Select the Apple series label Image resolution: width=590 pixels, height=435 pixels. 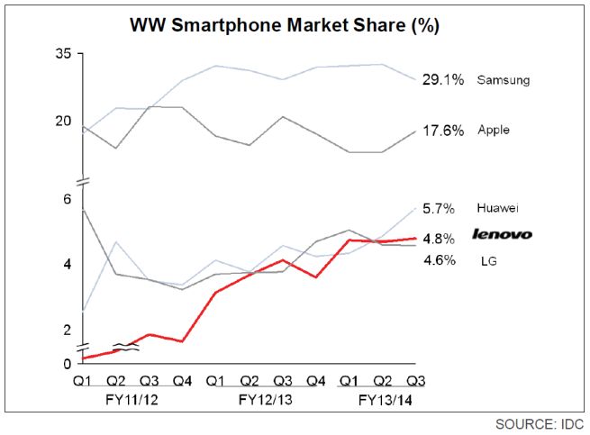point(494,131)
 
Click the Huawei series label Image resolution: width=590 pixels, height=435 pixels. point(499,208)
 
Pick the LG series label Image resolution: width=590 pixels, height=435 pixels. point(486,261)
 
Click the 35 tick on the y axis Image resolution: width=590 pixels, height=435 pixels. point(62,54)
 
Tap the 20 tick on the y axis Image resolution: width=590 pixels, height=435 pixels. point(62,121)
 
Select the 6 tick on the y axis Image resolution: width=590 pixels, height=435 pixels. point(66,198)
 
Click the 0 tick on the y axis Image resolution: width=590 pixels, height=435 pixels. point(66,364)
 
